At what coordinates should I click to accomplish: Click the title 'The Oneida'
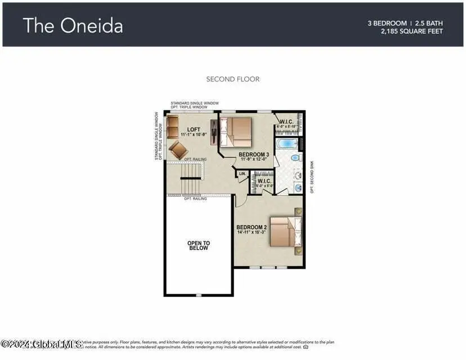tap(73, 25)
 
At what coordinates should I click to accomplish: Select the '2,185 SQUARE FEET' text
tap(411, 31)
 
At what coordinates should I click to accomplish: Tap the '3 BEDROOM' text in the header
tap(387, 23)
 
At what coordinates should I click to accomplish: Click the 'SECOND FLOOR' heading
tap(233, 79)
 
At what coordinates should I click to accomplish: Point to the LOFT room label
tap(194, 129)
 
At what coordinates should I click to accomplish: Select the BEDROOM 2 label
tap(252, 227)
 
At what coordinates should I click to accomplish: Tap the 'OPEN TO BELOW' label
tap(198, 245)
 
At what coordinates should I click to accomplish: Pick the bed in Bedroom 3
tap(236, 129)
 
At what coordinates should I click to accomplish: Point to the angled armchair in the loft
tap(180, 150)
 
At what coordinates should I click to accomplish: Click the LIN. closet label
tap(243, 174)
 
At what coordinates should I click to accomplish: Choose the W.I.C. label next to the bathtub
tap(285, 122)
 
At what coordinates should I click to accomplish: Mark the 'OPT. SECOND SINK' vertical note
tap(311, 176)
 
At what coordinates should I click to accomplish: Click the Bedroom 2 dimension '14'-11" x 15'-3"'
tap(252, 233)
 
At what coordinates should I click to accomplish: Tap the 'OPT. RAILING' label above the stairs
tap(195, 160)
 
